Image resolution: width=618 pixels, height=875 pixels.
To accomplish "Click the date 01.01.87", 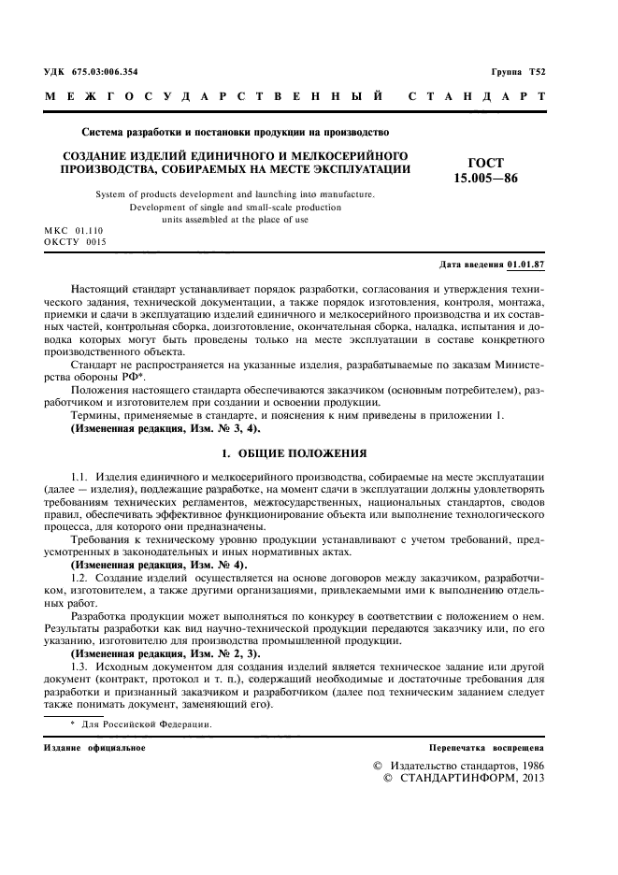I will click(x=526, y=265).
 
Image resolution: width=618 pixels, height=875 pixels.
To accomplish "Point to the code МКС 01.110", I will click(x=74, y=229).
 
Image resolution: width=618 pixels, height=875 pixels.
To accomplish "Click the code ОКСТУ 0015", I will click(x=76, y=241).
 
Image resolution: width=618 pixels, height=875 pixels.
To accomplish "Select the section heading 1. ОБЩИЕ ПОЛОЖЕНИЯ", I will click(x=293, y=453).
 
